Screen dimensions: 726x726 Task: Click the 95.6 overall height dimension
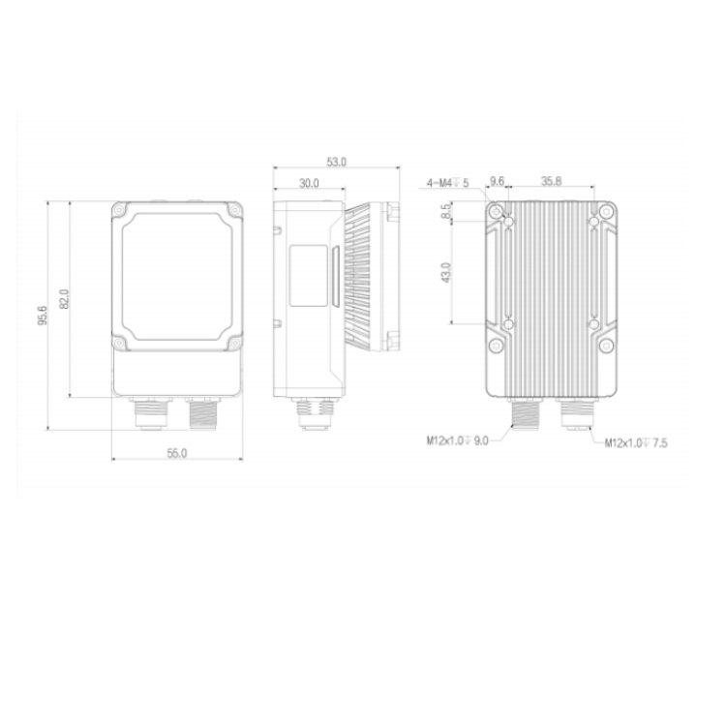tap(43, 318)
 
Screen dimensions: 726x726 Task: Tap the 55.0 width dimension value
tap(176, 452)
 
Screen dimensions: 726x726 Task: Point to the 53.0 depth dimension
tap(336, 163)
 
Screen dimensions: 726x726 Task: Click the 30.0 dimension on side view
tap(309, 182)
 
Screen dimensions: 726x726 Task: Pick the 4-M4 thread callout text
tap(448, 182)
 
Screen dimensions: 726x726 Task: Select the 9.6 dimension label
tap(498, 181)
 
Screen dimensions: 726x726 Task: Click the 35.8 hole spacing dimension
tap(551, 181)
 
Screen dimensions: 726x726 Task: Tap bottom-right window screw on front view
tap(233, 344)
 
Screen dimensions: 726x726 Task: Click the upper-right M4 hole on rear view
tap(593, 225)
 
